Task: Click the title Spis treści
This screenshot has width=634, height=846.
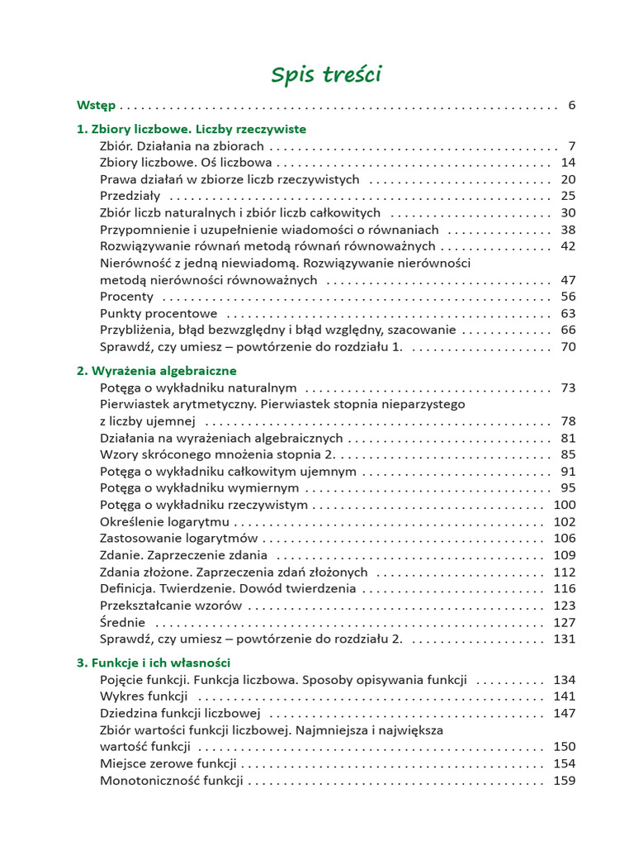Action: [326, 75]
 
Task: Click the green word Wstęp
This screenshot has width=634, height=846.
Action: [96, 105]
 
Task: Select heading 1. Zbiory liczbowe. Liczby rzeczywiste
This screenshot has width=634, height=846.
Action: [191, 129]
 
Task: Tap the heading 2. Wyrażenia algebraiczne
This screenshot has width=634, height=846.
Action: [156, 370]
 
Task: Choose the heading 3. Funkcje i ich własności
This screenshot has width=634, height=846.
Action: [153, 663]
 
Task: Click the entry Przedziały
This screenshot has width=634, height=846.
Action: [130, 196]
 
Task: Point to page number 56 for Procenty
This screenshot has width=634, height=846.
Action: [567, 297]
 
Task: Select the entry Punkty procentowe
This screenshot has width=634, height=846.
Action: [158, 313]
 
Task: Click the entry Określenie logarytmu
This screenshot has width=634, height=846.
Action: [164, 521]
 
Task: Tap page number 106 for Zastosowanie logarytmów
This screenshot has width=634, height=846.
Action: [564, 538]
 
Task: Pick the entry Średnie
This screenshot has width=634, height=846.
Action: [122, 622]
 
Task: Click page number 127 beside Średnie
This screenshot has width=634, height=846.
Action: [564, 622]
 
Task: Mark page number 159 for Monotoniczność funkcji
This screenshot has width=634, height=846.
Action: [564, 780]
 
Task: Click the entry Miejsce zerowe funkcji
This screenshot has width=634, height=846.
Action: [168, 763]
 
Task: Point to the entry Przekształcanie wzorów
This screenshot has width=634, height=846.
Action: [171, 606]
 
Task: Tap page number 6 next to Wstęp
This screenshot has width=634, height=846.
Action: [571, 105]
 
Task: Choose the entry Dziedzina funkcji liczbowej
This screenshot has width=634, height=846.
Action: [180, 713]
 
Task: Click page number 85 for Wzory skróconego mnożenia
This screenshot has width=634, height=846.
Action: [567, 454]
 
